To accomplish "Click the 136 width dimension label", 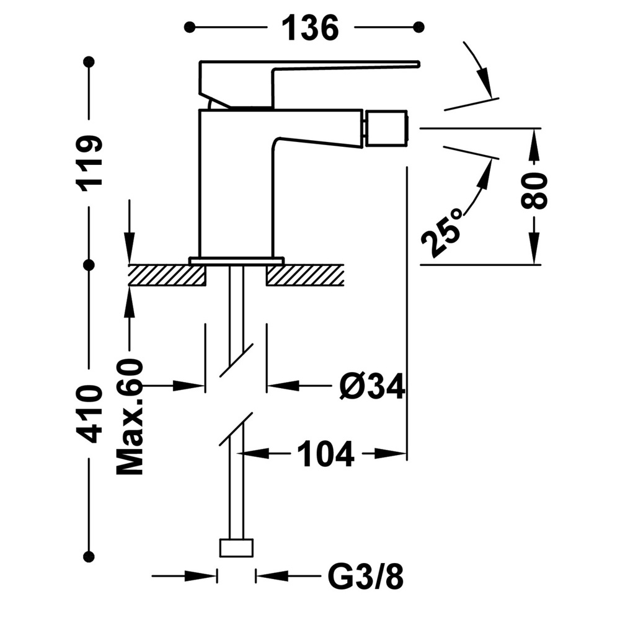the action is [x=311, y=27].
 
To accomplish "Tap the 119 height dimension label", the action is [x=91, y=163].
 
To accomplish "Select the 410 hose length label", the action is [x=91, y=414].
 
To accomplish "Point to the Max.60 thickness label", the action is [x=130, y=417].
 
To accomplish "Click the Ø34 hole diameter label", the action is [x=372, y=386].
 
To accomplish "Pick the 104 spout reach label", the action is [x=325, y=454].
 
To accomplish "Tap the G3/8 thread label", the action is [x=366, y=577].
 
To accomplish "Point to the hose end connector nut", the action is [x=236, y=547].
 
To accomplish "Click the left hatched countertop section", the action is [x=167, y=275].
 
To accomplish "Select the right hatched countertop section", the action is [x=305, y=275].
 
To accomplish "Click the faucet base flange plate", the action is [x=236, y=260].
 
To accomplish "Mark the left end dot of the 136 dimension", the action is [x=190, y=27].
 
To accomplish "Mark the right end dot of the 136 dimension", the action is [x=418, y=27].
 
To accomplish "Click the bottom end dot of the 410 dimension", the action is [x=90, y=557].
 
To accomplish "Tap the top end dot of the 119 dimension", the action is [x=90, y=61].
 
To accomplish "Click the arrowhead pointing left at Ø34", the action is [x=282, y=386].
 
